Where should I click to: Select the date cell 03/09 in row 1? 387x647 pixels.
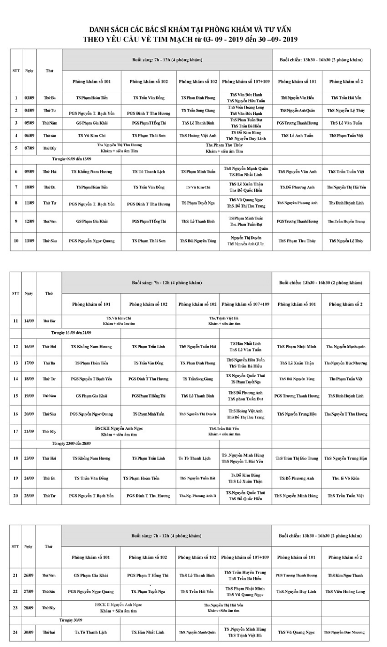(30, 98)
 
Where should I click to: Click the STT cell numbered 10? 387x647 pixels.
(16, 240)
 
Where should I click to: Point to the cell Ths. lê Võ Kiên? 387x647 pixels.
(345, 478)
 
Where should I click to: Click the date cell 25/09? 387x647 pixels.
(30, 496)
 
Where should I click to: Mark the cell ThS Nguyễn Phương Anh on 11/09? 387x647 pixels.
(297, 203)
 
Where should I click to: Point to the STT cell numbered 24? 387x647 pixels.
(15, 632)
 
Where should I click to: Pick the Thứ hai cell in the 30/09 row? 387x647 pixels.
(48, 632)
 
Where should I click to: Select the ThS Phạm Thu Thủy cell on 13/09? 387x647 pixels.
(297, 240)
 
